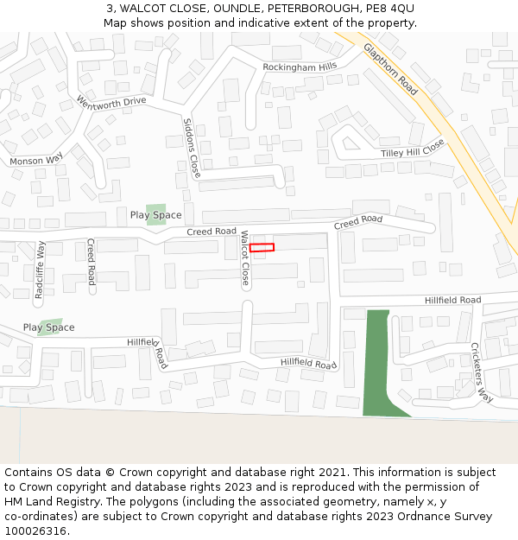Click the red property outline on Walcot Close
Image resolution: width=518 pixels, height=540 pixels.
262,248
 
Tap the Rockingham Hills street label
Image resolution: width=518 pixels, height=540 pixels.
300,67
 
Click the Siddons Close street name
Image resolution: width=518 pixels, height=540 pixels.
192,149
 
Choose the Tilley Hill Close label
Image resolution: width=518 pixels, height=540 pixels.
414,149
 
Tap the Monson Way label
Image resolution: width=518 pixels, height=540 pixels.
36,160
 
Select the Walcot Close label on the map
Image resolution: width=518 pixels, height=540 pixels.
244,257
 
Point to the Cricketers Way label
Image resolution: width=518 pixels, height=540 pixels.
481,372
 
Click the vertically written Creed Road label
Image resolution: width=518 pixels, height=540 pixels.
91,262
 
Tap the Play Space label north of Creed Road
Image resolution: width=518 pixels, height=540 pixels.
155,215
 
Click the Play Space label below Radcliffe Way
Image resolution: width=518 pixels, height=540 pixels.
48,327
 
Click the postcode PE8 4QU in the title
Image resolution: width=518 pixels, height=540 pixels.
389,8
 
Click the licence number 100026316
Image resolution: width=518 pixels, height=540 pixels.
35,530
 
